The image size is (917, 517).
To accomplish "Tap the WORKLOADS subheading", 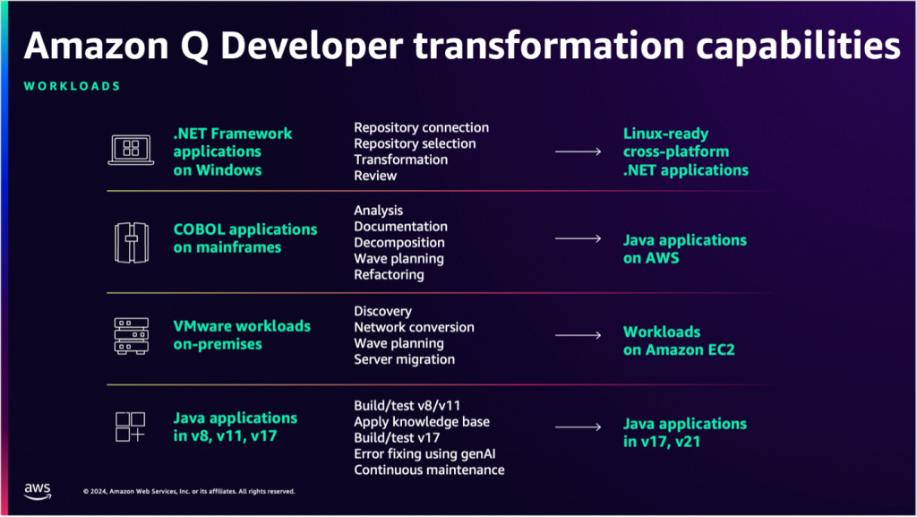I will coord(73,87).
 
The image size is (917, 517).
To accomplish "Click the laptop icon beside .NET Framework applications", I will coord(131,150).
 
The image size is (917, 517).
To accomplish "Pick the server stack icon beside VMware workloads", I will coord(131,335).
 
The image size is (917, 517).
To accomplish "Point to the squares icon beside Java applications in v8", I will coord(131,427).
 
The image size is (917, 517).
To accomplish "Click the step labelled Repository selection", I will coord(415,143).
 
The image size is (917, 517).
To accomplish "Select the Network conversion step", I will coord(414,327).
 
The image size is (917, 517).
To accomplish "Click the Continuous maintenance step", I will coord(429,470).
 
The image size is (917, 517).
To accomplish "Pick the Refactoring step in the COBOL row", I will coord(389,275).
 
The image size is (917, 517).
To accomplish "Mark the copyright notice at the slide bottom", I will coord(189,491).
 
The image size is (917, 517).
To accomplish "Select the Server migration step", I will coord(404,359).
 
